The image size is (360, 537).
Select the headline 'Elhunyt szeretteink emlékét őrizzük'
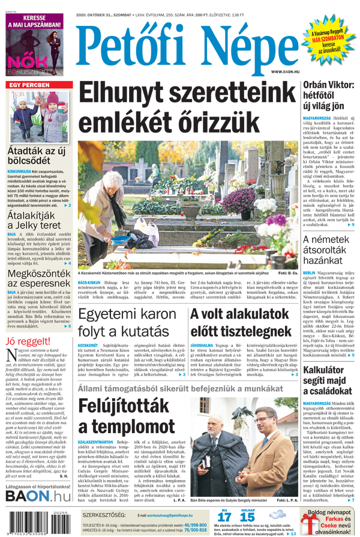pyautogui.click(x=182, y=107)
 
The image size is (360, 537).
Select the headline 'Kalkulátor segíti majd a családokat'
pyautogui.click(x=328, y=380)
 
